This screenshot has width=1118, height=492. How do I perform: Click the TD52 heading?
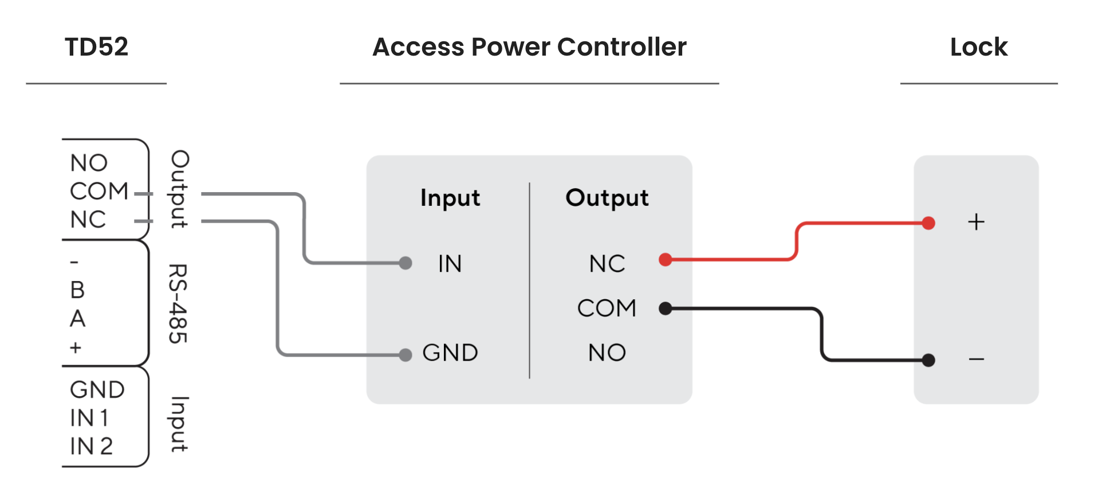click(x=96, y=47)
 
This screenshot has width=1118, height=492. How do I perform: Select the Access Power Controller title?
click(x=529, y=47)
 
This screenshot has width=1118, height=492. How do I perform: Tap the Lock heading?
click(x=978, y=47)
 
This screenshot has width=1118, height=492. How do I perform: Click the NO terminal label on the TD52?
click(x=89, y=163)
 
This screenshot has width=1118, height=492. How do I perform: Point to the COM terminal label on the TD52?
click(x=99, y=192)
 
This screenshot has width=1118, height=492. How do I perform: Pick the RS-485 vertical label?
click(x=178, y=303)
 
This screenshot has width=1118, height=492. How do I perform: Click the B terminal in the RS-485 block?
click(x=77, y=290)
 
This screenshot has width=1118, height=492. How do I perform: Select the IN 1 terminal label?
click(x=89, y=419)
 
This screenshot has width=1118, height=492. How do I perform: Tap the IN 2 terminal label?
click(x=91, y=447)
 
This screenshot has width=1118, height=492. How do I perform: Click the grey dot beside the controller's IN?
click(x=406, y=263)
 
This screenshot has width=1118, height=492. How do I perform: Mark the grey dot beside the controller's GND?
click(x=406, y=355)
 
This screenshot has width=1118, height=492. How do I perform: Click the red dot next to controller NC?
click(x=665, y=260)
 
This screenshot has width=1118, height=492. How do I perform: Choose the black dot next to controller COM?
click(x=665, y=309)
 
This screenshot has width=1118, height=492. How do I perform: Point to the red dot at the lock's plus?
click(x=928, y=223)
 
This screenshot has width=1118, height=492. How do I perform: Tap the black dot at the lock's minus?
click(x=928, y=360)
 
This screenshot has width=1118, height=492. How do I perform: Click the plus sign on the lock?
click(x=976, y=222)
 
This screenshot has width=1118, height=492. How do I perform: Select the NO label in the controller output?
click(x=607, y=353)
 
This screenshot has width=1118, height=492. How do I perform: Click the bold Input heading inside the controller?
click(x=450, y=198)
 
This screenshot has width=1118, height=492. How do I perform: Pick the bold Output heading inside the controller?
click(x=607, y=198)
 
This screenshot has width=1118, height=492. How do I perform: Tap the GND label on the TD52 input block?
click(x=97, y=390)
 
